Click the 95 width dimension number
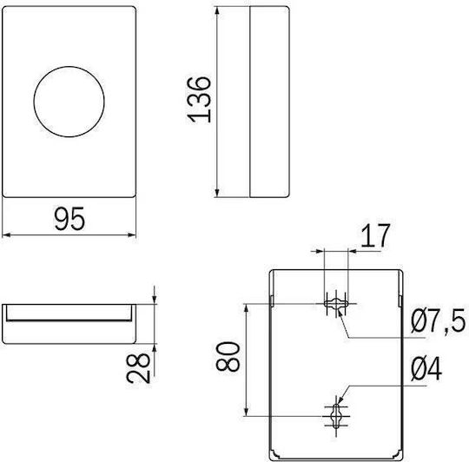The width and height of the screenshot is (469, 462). point(69,219)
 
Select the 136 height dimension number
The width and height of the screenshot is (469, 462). point(199,100)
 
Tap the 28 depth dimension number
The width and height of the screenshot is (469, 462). point(138,368)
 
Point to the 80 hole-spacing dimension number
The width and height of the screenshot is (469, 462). point(228,357)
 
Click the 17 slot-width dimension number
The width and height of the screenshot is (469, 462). point(376,236)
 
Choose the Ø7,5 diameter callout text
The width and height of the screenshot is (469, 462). point(438,321)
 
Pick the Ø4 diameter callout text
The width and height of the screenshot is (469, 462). point(426,369)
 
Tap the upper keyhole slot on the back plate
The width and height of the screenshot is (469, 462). point(336,304)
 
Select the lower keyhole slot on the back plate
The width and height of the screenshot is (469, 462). point(337,416)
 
